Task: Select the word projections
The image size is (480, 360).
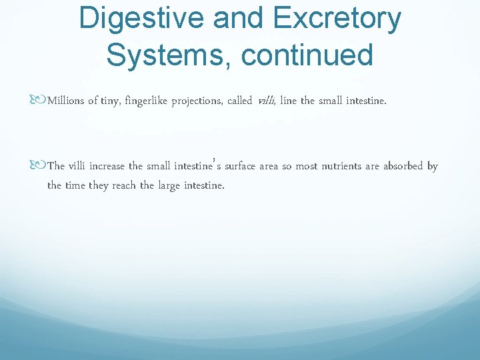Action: [198, 101]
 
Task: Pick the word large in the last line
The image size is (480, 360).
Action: [169, 185]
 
